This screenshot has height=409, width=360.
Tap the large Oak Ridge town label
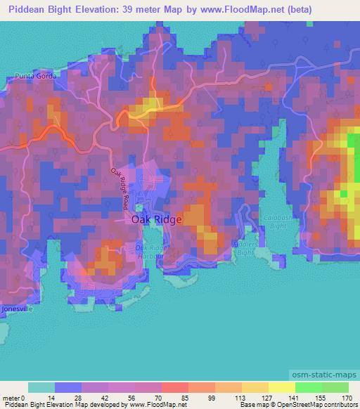tap(156, 219)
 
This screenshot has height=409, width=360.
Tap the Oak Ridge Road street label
tap(120, 185)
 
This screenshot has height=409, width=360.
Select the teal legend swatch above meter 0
tap(41, 387)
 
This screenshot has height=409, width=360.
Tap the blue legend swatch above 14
tap(67, 387)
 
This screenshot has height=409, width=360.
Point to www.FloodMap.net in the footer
tap(155, 405)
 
